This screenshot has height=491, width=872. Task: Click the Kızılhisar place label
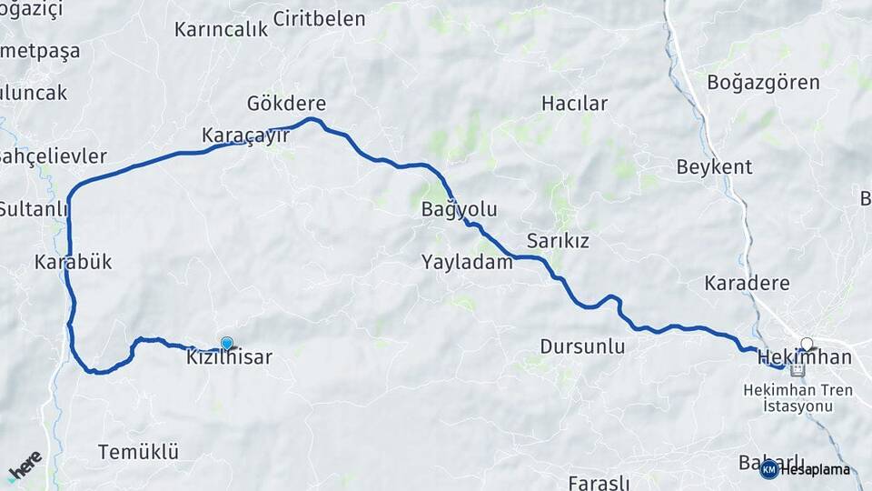[x=230, y=358]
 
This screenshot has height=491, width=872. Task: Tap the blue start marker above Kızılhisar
[x=227, y=343]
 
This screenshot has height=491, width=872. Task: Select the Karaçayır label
[x=245, y=135]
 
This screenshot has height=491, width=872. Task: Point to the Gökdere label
[x=286, y=103]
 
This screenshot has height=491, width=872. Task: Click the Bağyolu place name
[x=459, y=210]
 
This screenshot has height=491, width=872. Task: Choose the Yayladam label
[x=467, y=263]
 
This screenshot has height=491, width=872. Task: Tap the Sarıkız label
[x=559, y=241]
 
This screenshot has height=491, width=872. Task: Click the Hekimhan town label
[x=804, y=357]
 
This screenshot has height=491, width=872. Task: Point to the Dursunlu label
[x=582, y=346]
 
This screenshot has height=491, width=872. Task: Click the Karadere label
[x=747, y=284]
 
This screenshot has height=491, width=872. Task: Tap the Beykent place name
[x=714, y=167]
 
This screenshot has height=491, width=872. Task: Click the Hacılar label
[x=574, y=104]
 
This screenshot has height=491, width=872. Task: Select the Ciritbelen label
[x=319, y=19]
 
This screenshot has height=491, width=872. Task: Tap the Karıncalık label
[x=222, y=29]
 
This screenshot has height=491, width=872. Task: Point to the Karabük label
[x=73, y=263]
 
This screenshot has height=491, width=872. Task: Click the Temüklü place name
[x=138, y=452]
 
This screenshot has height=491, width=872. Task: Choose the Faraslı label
[x=598, y=482]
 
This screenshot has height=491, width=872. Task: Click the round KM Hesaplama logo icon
[x=768, y=469]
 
